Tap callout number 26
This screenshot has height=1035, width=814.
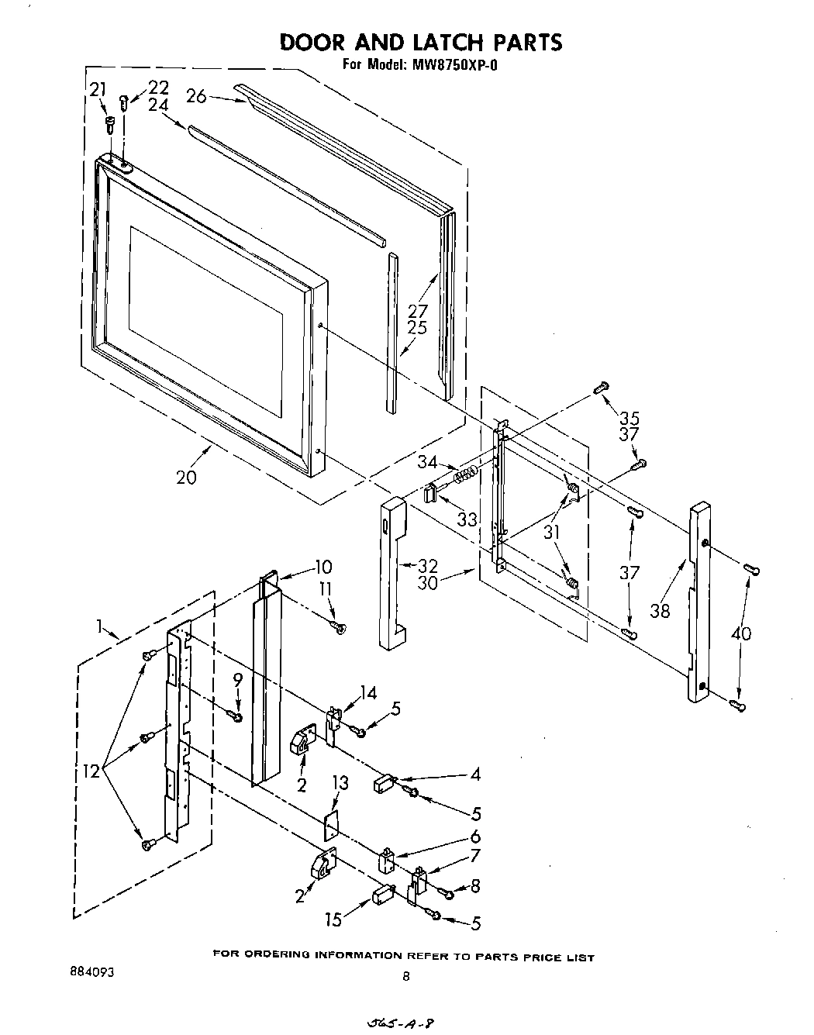196,96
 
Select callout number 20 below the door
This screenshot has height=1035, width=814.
186,477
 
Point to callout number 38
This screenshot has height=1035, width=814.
661,610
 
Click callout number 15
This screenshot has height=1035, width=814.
333,920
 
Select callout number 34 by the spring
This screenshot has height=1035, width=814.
428,463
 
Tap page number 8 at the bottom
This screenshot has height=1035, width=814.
406,977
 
